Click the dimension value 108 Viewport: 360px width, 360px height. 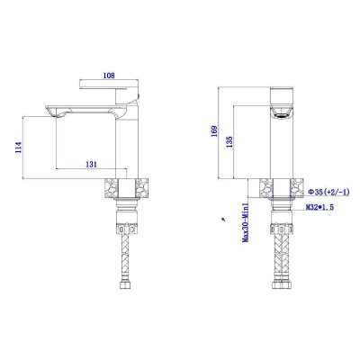tap(109, 76)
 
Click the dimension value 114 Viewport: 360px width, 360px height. tap(18, 148)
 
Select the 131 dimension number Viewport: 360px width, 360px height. tap(92, 164)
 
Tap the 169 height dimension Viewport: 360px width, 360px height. tap(214, 131)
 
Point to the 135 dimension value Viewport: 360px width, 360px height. tap(229, 142)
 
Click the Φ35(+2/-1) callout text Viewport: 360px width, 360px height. tap(329, 192)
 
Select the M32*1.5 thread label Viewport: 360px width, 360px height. tap(319, 207)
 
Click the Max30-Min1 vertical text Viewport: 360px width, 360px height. tap(246, 222)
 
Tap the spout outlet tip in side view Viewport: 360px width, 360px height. tap(57, 115)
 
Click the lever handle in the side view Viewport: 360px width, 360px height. tap(103, 87)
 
